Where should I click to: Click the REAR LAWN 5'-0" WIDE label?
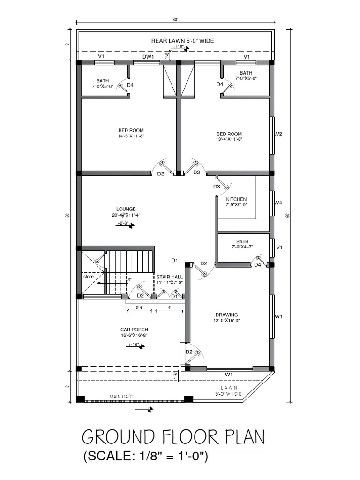pyautogui.click(x=182, y=41)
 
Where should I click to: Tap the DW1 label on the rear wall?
pyautogui.click(x=148, y=57)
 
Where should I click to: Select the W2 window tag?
pyautogui.click(x=278, y=134)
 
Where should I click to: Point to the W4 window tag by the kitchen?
pyautogui.click(x=278, y=203)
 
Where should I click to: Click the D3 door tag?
pyautogui.click(x=217, y=187)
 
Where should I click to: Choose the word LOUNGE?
pyautogui.click(x=126, y=209)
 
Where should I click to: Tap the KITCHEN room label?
pyautogui.click(x=236, y=199)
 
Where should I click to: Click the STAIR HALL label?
pyautogui.click(x=170, y=277)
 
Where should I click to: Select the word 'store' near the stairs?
pyautogui.click(x=89, y=277)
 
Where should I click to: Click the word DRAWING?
pyautogui.click(x=226, y=315)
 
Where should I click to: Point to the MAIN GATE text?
pyautogui.click(x=121, y=397)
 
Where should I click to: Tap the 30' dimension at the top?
pyautogui.click(x=175, y=19)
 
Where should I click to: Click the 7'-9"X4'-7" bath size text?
pyautogui.click(x=242, y=247)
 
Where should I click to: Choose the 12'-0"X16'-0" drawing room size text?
pyautogui.click(x=226, y=321)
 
